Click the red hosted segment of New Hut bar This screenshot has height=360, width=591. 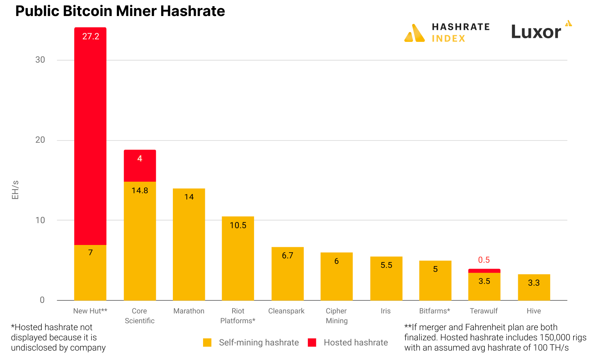click(x=90, y=135)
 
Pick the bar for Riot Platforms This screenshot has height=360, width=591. click(x=238, y=258)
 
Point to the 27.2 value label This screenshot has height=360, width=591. click(x=91, y=36)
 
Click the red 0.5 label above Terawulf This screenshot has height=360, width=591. click(x=484, y=260)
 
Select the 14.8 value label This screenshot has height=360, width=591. click(x=140, y=191)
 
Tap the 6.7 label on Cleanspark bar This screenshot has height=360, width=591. click(x=287, y=256)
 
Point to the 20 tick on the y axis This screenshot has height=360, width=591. click(x=40, y=140)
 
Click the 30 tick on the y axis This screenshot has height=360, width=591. click(x=40, y=60)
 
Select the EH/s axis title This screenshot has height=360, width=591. click(x=15, y=190)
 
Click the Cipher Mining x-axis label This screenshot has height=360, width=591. click(x=337, y=316)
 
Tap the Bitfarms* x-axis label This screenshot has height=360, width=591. click(x=435, y=311)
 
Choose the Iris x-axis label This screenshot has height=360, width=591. click(x=386, y=311)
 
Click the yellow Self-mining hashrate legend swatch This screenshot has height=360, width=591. click(x=207, y=343)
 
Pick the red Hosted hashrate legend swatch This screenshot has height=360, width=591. click(x=312, y=343)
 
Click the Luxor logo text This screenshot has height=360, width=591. click(x=536, y=32)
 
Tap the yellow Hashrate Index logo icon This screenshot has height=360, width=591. click(x=415, y=33)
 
